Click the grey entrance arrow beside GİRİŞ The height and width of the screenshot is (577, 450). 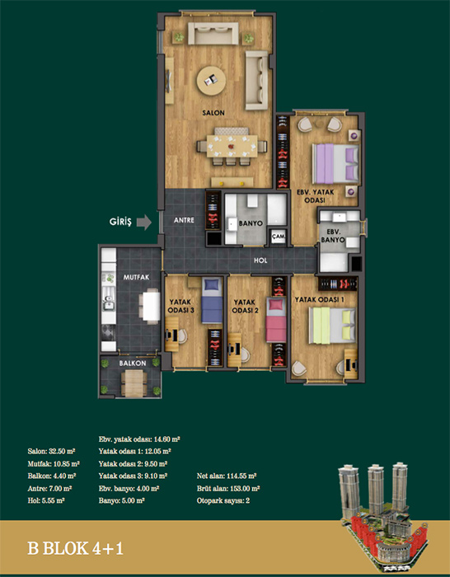(144, 223)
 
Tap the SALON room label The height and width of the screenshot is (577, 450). (213, 113)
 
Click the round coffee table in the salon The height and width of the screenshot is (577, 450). (211, 81)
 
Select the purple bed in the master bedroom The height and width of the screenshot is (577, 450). (335, 164)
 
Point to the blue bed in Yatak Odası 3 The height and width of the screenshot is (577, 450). (212, 300)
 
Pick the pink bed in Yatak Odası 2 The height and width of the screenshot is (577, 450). (276, 320)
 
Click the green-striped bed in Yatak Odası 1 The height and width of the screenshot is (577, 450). (332, 326)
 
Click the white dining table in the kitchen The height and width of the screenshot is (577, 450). (152, 306)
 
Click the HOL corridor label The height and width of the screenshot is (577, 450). (260, 260)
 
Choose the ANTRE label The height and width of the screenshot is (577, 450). (184, 221)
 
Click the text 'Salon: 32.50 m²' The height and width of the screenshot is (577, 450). (51, 451)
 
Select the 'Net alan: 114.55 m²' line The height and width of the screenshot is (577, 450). (227, 476)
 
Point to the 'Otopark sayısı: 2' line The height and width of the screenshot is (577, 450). (223, 500)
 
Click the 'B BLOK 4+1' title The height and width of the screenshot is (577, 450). (75, 548)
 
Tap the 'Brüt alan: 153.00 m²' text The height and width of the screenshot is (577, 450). (228, 488)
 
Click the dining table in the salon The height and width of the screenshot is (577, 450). (232, 146)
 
